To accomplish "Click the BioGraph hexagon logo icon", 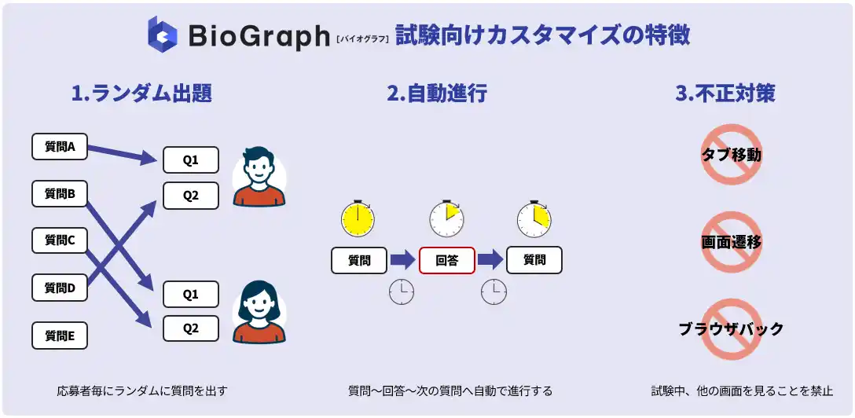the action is pos(163,34).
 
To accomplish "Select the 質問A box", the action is pos(60,146).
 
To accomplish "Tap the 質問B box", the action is pos(60,193).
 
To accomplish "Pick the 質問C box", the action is pos(60,240).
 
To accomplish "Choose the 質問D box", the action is pos(60,288).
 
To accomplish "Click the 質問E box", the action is pos(60,335).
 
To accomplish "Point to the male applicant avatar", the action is pos(259,176).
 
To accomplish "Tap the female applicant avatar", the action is pos(259,312).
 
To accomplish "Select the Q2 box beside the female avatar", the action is pos(191,328).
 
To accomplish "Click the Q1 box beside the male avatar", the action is pos(191,160).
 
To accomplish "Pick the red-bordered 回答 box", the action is pos(446,260).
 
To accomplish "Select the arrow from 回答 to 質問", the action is pos(490,259).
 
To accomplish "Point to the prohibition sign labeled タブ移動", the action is pos(731,155).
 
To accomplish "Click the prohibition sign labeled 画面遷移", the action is pos(731,242).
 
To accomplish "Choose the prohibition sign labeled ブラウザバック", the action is pos(731,328).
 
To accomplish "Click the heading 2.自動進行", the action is pos(437,93).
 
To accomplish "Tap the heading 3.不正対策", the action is pos(725,93).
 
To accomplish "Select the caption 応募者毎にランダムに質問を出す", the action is pos(141,390).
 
